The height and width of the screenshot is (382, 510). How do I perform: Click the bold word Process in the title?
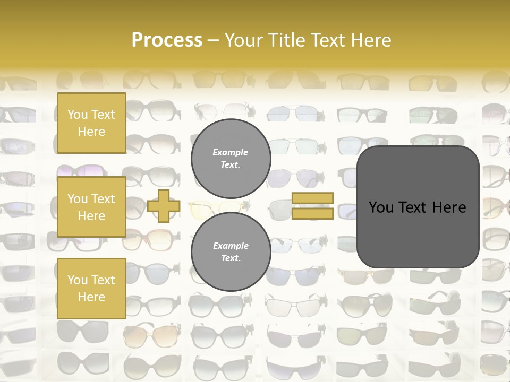[x=167, y=40]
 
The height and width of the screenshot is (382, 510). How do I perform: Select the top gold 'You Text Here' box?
[x=91, y=123]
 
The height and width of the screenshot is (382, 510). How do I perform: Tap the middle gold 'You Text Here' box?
[x=91, y=207]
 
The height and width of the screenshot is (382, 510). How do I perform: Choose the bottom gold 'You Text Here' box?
[x=91, y=289]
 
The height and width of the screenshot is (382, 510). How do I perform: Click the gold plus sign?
[x=164, y=206]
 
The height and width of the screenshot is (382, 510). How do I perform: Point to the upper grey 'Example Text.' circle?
[x=231, y=158]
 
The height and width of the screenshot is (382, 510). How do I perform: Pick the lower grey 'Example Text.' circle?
[x=231, y=251]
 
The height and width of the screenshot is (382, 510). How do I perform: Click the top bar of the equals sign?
[x=312, y=198]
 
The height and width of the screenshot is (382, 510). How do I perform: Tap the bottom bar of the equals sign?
[x=312, y=213]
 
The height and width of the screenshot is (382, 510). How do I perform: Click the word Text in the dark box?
[x=416, y=207]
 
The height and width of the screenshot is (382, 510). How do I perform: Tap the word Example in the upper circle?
[x=231, y=152]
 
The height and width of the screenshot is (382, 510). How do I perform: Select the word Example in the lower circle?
[x=231, y=246]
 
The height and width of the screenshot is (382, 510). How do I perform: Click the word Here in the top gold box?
[x=91, y=132]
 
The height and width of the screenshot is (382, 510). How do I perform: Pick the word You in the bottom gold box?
[x=78, y=280]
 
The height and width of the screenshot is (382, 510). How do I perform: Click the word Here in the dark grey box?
[x=449, y=207]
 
